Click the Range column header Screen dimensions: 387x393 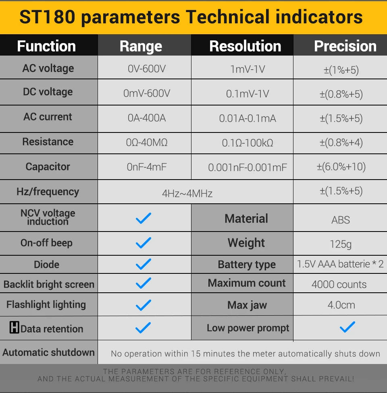pos(141,47)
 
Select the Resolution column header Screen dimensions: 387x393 pos(245,46)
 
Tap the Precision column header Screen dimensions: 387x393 pos(345,46)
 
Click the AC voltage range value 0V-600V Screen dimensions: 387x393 pos(147,69)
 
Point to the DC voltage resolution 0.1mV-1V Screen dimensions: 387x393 pos(248,94)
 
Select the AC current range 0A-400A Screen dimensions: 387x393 pos(147,118)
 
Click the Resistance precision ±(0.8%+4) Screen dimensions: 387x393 pos(341,143)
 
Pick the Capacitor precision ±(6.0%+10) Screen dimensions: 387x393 pos(341,167)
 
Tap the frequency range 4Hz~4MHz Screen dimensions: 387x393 pos(187,194)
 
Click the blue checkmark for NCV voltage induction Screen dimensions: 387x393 pos(143,218)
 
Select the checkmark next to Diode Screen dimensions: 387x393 pos(143,264)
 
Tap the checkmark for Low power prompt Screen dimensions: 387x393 pos(347,327)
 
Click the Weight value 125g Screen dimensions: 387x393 pos(341,244)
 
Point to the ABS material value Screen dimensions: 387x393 pos(341,220)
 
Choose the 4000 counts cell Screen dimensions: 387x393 pos(339,284)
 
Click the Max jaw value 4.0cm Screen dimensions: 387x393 pos(341,305)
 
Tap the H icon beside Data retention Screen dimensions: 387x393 pos(14,327)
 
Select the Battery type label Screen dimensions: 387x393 pos(247,265)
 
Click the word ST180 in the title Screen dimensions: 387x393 pos(47,17)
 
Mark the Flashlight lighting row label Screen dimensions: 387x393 pos(46,305)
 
